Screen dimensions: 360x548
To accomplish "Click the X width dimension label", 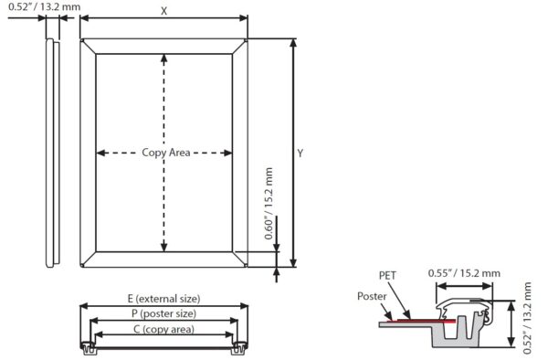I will [x=163, y=11].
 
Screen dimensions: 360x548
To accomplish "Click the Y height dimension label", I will [x=299, y=153].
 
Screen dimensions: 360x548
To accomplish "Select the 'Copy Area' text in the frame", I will [x=165, y=153].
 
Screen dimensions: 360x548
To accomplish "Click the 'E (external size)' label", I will [x=164, y=299].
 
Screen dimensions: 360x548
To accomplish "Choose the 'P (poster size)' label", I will [x=164, y=313].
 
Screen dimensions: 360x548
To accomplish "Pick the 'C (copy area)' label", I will [x=164, y=328].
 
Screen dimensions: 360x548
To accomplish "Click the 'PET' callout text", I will [x=388, y=274].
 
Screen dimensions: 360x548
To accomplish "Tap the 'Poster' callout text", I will [x=372, y=296].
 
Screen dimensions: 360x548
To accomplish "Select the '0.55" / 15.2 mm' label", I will [x=463, y=272].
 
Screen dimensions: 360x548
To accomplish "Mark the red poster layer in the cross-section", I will [x=420, y=322].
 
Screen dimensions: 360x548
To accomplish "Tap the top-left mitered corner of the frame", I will [x=88, y=47].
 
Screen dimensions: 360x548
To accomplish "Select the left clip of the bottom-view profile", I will [x=88, y=347].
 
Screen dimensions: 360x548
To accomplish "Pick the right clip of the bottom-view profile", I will [x=240, y=347].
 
